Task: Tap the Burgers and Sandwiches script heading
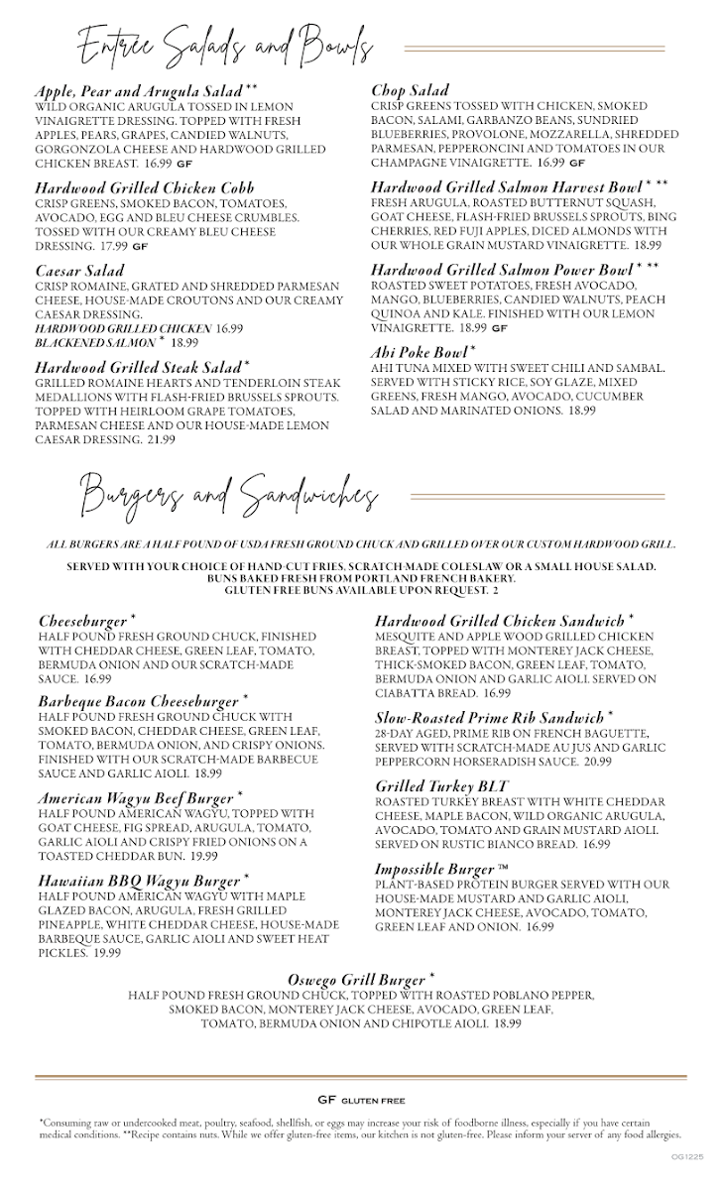click(228, 493)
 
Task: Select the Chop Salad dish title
click(410, 90)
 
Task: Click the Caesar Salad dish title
click(79, 270)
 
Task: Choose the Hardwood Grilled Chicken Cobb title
click(145, 186)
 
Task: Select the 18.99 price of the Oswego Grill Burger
click(507, 1023)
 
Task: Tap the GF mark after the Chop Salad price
click(576, 162)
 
